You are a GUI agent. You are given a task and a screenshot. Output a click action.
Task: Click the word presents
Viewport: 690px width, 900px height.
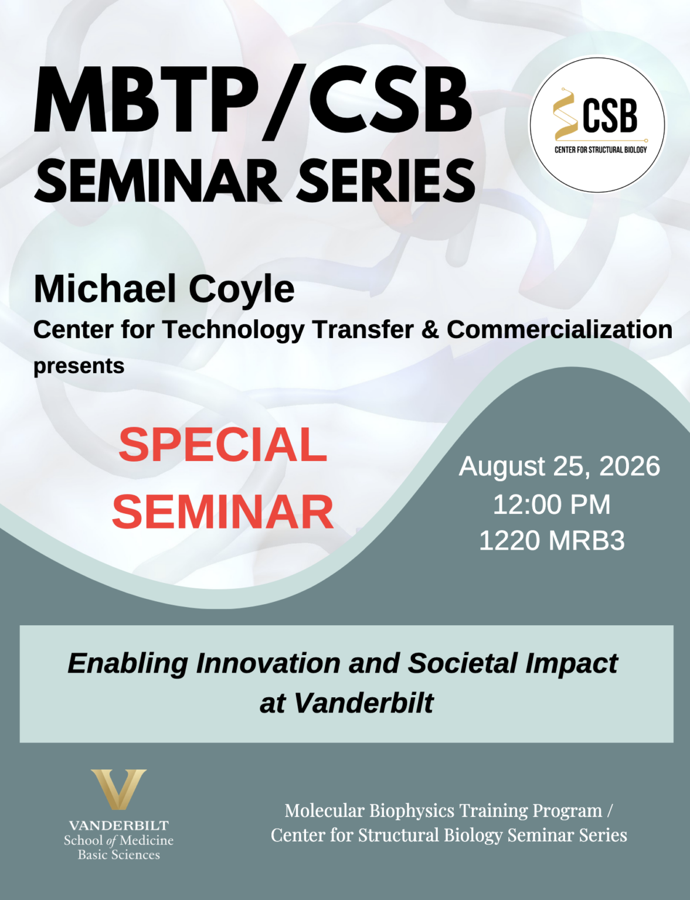79,367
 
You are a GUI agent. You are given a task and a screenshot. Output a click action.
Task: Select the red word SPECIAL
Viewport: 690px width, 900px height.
223,445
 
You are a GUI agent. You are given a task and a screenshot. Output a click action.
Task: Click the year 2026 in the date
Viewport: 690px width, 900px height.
629,466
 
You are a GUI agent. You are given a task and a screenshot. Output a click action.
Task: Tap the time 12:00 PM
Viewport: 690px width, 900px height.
552,504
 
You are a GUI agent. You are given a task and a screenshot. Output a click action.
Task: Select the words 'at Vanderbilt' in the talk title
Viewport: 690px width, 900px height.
346,703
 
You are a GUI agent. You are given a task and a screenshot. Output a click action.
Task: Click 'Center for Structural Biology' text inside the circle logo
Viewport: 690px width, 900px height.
600,149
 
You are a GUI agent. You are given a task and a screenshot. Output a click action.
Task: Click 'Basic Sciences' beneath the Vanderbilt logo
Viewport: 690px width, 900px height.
119,854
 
